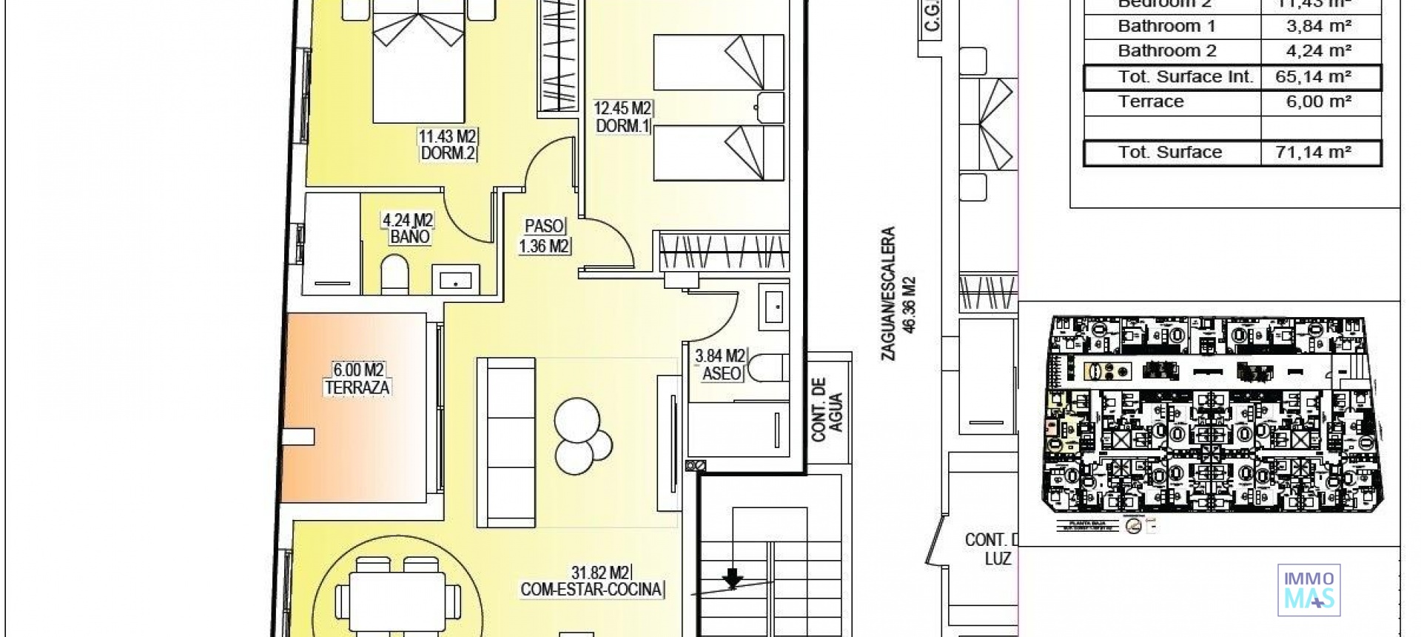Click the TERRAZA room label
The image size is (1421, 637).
[x=357, y=387]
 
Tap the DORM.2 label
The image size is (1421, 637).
[x=448, y=153]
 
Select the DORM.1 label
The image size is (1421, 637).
[x=623, y=126]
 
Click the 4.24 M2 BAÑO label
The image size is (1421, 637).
[x=408, y=229]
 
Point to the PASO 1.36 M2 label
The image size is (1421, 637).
[x=545, y=236]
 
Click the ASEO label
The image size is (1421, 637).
[x=721, y=374]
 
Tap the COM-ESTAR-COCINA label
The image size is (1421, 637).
[x=592, y=590]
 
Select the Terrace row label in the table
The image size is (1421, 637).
[x=1151, y=101]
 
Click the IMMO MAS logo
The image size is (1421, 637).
[x=1309, y=590]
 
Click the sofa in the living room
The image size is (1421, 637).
[x=505, y=442]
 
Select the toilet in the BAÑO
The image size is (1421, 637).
[x=394, y=274]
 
